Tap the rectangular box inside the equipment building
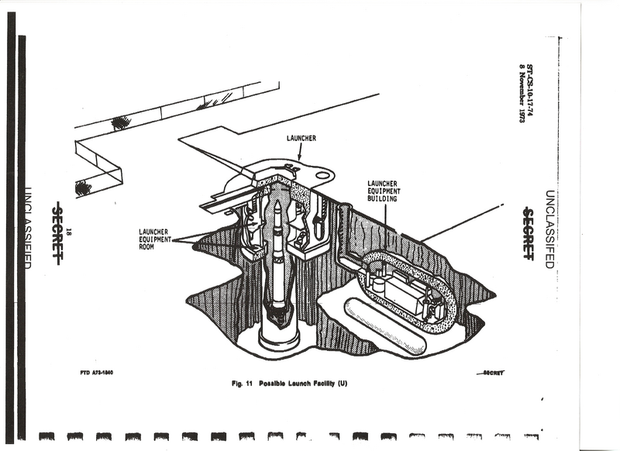pyautogui.click(x=406, y=293)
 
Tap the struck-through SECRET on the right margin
pyautogui.click(x=527, y=233)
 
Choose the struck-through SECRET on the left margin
pyautogui.click(x=57, y=232)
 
